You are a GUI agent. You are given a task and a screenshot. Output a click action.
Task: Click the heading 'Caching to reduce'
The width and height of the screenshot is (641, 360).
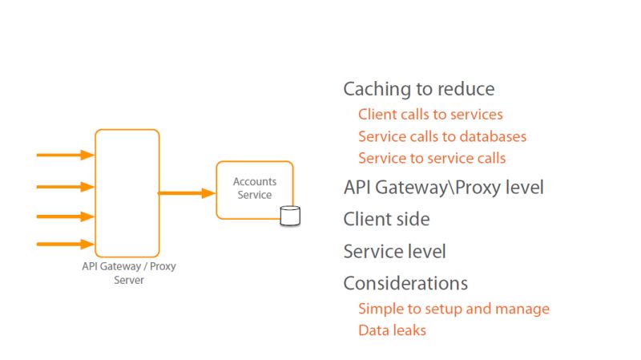[x=418, y=89]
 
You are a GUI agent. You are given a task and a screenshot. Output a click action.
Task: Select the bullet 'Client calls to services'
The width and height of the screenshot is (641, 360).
[x=430, y=115]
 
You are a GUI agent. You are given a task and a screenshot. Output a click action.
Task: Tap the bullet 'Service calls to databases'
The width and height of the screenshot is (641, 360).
[x=442, y=136]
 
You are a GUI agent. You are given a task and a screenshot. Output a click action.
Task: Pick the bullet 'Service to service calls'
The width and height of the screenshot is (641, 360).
[x=432, y=158]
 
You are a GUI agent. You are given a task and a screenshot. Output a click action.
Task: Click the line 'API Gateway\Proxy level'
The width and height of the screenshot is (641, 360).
[x=443, y=188]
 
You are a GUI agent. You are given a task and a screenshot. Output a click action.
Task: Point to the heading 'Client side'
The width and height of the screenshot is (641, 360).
[x=386, y=219]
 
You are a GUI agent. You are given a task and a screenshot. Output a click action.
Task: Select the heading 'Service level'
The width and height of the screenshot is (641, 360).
[x=394, y=251]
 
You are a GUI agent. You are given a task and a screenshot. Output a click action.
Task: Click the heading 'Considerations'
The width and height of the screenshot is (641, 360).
[x=405, y=283]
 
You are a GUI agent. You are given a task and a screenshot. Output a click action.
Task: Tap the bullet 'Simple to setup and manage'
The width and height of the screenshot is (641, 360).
[x=454, y=309]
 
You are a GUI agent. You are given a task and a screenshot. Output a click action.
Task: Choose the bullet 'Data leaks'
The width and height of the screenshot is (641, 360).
[x=392, y=330]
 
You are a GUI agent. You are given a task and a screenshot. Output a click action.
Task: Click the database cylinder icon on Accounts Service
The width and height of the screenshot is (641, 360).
[x=289, y=216]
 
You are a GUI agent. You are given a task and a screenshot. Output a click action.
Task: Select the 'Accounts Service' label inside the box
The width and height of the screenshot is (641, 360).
[x=255, y=188]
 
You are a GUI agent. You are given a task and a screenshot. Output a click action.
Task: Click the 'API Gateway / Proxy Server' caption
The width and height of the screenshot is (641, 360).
[x=128, y=273]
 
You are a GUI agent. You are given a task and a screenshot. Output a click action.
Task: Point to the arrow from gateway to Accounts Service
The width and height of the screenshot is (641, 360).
[x=187, y=193]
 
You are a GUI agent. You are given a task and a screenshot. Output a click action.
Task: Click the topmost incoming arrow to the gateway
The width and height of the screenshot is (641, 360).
[x=66, y=156]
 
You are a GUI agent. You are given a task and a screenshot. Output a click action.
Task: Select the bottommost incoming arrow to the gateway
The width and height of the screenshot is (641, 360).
[x=66, y=244]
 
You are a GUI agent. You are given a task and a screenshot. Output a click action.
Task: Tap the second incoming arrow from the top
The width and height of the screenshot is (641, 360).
[x=66, y=187]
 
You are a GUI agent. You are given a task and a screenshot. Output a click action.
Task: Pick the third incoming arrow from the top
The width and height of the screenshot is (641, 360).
[x=66, y=216]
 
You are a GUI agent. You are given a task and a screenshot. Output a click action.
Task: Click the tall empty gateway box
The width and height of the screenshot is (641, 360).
[x=127, y=192]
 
